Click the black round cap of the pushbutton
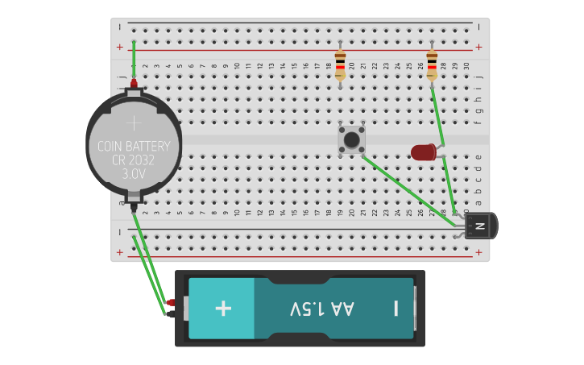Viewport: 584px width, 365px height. tap(351, 140)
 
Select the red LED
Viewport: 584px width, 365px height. tap(423, 151)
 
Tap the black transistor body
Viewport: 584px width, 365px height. tap(481, 226)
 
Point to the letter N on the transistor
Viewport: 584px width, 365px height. tap(480, 226)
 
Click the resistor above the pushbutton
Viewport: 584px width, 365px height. tap(340, 62)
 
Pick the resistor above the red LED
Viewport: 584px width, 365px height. tap(432, 61)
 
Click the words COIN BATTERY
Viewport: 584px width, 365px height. tap(134, 147)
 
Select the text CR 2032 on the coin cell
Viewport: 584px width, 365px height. tap(134, 160)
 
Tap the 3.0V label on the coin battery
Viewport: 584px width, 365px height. tap(134, 174)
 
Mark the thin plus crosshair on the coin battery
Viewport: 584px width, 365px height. tap(134, 122)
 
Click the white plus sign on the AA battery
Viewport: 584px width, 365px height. tap(223, 309)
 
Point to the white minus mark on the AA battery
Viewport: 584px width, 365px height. tap(396, 309)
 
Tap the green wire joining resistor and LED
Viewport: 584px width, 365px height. tap(437, 113)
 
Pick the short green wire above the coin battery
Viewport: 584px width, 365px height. tap(134, 60)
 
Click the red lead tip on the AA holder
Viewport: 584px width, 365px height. tap(171, 303)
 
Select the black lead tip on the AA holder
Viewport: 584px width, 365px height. tap(170, 314)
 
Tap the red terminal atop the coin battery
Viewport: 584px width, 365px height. tap(134, 83)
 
